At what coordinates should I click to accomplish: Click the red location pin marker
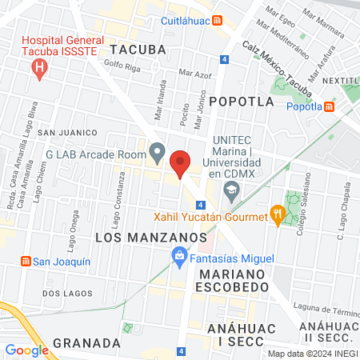(x=181, y=162)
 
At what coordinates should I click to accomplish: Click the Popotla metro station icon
(x=329, y=106)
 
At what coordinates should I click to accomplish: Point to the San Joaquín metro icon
(x=25, y=261)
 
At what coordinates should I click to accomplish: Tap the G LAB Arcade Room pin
(x=158, y=151)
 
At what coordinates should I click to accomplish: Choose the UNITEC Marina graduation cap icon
(x=231, y=189)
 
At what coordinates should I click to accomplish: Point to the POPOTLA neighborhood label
(x=237, y=101)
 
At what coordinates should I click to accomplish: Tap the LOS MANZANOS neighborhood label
(x=151, y=238)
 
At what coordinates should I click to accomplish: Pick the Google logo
(x=26, y=350)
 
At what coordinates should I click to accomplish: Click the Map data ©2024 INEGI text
(x=311, y=354)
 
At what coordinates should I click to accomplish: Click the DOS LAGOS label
(x=63, y=294)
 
